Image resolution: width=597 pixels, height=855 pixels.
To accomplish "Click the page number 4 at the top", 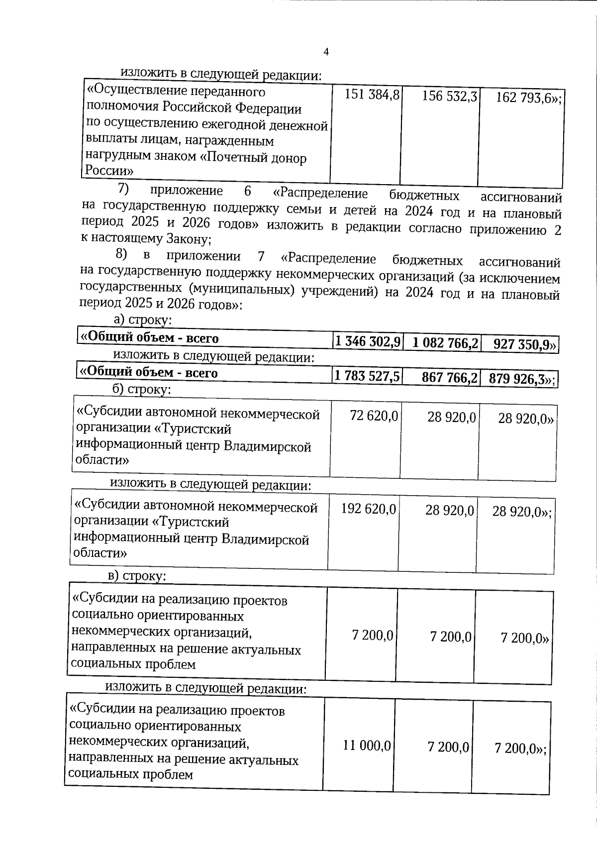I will pyautogui.click(x=326, y=52).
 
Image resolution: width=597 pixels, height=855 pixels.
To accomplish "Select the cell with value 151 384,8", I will pyautogui.click(x=372, y=95).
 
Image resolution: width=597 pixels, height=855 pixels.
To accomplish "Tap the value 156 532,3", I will pyautogui.click(x=450, y=96).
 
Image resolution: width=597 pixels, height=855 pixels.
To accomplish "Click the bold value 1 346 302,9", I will pyautogui.click(x=367, y=342).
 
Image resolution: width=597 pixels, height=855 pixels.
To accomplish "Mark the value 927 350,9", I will pyautogui.click(x=524, y=344).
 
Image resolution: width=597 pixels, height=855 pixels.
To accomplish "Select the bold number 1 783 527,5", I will pyautogui.click(x=367, y=376).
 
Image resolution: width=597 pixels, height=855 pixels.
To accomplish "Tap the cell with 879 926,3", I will pyautogui.click(x=520, y=379).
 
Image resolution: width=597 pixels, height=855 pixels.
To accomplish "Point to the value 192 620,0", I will pyautogui.click(x=369, y=509).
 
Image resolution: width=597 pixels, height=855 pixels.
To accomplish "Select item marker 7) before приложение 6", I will pyautogui.click(x=123, y=190).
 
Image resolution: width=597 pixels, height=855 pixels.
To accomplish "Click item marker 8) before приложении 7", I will pyautogui.click(x=122, y=255).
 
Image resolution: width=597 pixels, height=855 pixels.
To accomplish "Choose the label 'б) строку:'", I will pyautogui.click(x=142, y=389).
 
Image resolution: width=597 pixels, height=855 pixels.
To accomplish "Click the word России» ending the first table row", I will pyautogui.click(x=109, y=171).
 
